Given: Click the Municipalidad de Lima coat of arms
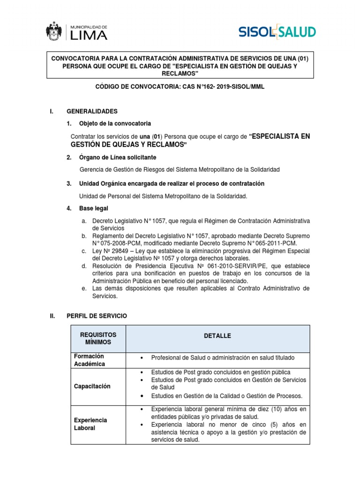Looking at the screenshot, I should (54, 31).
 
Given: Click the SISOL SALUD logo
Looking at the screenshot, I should (277, 32).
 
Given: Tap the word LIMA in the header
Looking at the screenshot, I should (88, 35).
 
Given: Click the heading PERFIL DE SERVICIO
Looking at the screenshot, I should (97, 316).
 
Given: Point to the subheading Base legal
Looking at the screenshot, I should (93, 208).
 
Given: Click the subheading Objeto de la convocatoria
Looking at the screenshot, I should (115, 124).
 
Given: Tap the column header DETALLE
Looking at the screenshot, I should (217, 336).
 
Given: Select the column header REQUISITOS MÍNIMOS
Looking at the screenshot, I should (98, 338).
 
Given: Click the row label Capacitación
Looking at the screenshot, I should (92, 386).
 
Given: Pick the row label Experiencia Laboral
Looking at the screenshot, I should (90, 424).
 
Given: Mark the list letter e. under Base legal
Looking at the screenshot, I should (83, 288).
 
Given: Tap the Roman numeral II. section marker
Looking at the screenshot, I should (53, 316).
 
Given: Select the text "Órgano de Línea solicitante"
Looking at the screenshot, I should (118, 157).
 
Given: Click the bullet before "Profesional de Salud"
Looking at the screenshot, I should (142, 358).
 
